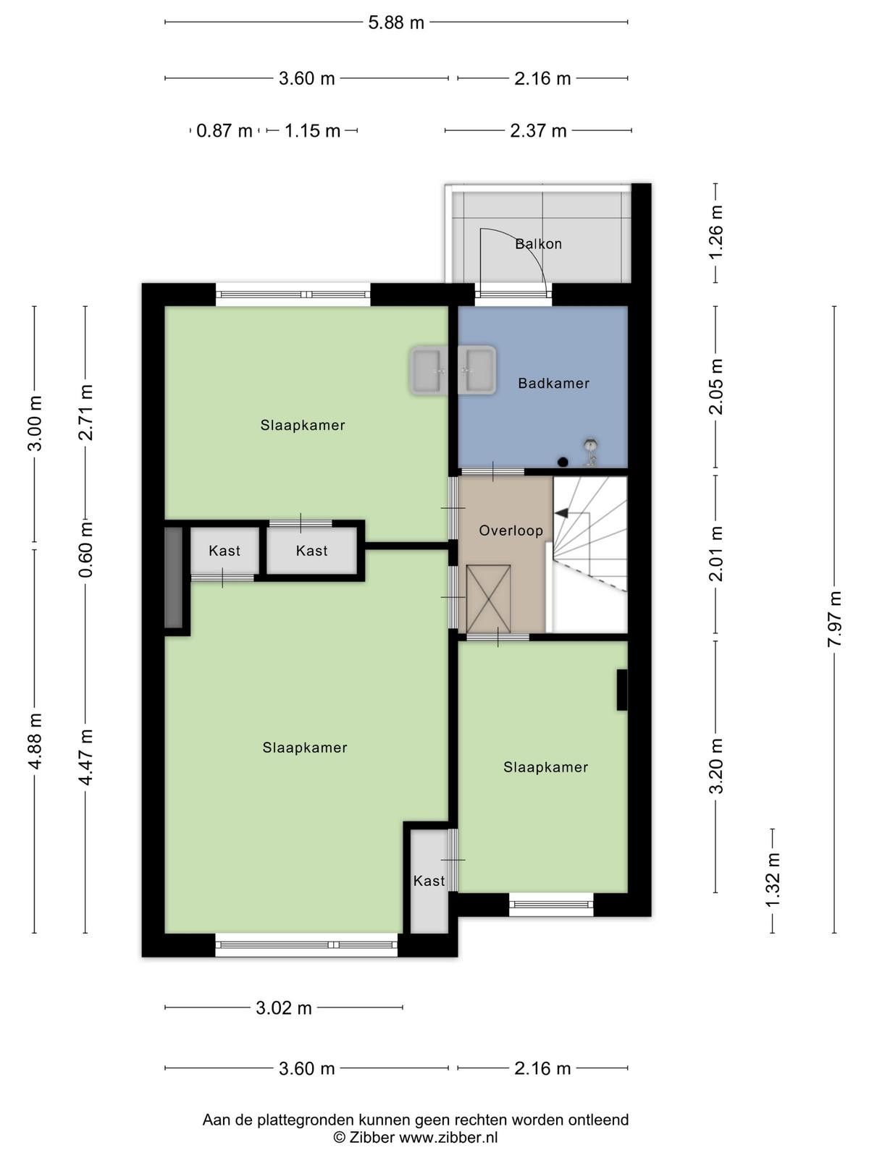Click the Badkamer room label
[x=553, y=383]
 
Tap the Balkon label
[x=538, y=244]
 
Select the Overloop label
[x=511, y=531]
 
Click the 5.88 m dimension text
[x=396, y=22]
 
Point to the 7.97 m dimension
[x=834, y=619]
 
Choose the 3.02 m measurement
[x=284, y=1008]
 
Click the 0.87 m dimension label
[x=224, y=130]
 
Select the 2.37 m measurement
[x=538, y=130]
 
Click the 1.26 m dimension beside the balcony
[x=715, y=232]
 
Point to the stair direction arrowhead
[x=561, y=512]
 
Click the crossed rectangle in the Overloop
[x=488, y=599]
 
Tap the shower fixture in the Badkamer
[x=590, y=452]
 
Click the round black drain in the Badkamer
[x=563, y=462]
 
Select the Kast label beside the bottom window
[x=429, y=881]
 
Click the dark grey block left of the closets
[x=173, y=577]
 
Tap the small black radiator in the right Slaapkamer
[x=622, y=690]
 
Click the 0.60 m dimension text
[x=85, y=549]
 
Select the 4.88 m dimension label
[x=35, y=740]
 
